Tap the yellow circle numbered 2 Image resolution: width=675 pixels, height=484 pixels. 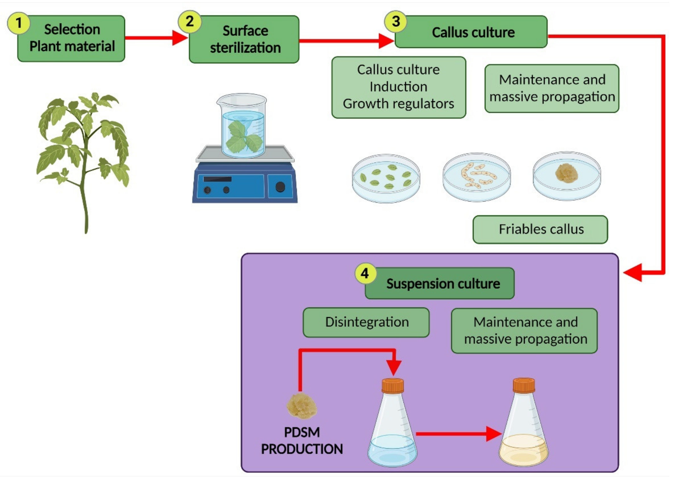pyautogui.click(x=190, y=22)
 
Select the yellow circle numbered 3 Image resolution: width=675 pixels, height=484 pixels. pyautogui.click(x=396, y=22)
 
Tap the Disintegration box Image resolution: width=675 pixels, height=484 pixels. pyautogui.click(x=366, y=322)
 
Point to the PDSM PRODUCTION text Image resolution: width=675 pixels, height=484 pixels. pyautogui.click(x=302, y=441)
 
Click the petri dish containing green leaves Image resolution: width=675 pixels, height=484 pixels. pyautogui.click(x=386, y=178)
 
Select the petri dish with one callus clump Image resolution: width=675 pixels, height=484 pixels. pyautogui.click(x=567, y=176)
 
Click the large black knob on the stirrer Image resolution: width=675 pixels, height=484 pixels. pyautogui.click(x=280, y=187)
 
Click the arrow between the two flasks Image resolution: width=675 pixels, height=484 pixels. pyautogui.click(x=458, y=434)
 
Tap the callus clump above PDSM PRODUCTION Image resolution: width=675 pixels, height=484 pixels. pyautogui.click(x=301, y=406)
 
